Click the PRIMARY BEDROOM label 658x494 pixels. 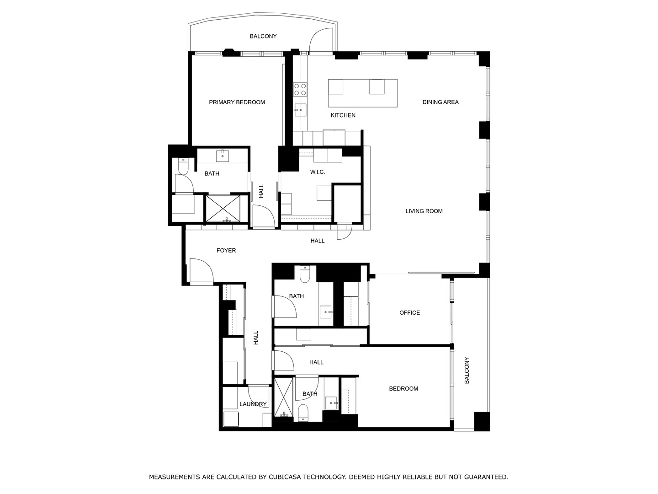click(237, 102)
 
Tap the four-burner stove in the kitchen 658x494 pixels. click(300, 89)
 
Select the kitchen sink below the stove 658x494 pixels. click(300, 109)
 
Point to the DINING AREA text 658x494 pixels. click(440, 102)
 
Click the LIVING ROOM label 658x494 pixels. click(424, 211)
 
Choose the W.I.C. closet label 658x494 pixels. click(317, 172)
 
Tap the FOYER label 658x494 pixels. click(226, 251)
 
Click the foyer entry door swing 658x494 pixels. click(200, 271)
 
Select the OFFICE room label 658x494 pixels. click(409, 313)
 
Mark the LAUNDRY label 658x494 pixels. click(253, 404)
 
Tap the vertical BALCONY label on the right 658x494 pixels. click(467, 370)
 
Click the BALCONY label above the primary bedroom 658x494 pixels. click(263, 37)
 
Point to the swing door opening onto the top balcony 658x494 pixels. click(321, 42)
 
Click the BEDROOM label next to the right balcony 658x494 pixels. click(403, 389)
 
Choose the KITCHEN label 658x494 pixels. click(343, 115)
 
